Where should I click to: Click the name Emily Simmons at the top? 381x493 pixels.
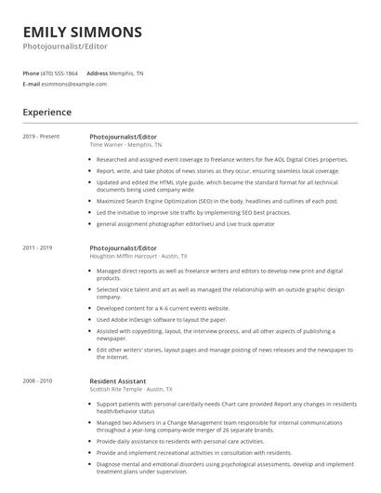(83, 33)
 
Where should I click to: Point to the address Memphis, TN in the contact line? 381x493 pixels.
(127, 73)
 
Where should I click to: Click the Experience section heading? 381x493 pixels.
(47, 113)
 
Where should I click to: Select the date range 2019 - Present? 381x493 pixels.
(41, 137)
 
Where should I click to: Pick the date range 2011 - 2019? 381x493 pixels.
(38, 248)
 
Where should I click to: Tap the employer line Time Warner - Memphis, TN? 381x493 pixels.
(125, 145)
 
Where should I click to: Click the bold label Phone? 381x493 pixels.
(31, 73)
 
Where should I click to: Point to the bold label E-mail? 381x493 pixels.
(31, 84)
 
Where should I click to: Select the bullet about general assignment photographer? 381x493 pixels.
(186, 224)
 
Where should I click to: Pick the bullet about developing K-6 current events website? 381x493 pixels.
(163, 308)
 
